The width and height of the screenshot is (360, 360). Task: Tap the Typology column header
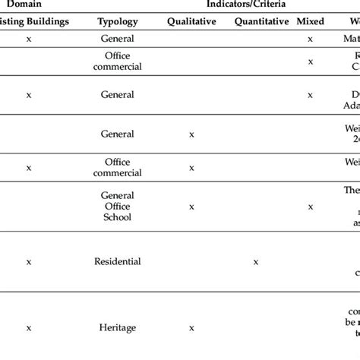point(117,21)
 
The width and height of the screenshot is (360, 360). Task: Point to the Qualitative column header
point(191,21)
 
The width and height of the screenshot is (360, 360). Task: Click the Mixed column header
point(311,21)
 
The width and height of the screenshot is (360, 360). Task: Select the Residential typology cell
point(117,261)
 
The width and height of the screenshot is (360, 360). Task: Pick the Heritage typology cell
point(117,327)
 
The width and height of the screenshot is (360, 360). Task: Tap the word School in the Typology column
point(117,216)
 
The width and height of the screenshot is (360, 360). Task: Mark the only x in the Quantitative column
point(256,261)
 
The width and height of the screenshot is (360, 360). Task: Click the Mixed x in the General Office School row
point(310,206)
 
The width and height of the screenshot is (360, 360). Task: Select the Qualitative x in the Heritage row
point(191,327)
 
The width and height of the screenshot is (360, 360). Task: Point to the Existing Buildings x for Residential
point(29,261)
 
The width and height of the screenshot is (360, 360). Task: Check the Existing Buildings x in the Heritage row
point(29,327)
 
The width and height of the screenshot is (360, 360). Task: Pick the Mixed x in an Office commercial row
point(310,62)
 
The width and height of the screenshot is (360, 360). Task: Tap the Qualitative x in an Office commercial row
point(191,167)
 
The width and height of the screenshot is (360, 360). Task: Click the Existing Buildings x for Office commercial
point(29,167)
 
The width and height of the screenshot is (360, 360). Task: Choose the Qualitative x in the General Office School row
point(191,206)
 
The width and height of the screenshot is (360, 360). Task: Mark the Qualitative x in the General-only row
point(191,134)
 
